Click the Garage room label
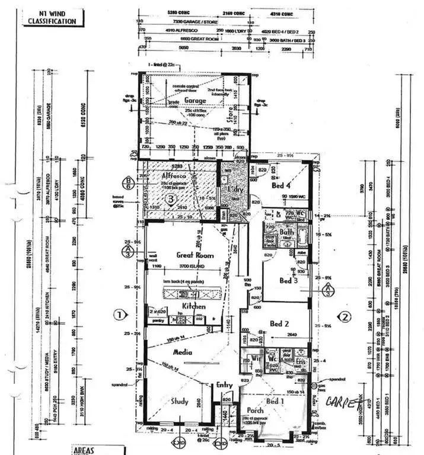click(195, 101)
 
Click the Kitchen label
click(194, 306)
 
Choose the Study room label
click(180, 401)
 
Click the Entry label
click(224, 385)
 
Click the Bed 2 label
click(280, 323)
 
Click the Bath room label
click(286, 232)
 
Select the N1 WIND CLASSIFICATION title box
click(52, 17)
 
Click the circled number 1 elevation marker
click(120, 315)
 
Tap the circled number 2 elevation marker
click(347, 315)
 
